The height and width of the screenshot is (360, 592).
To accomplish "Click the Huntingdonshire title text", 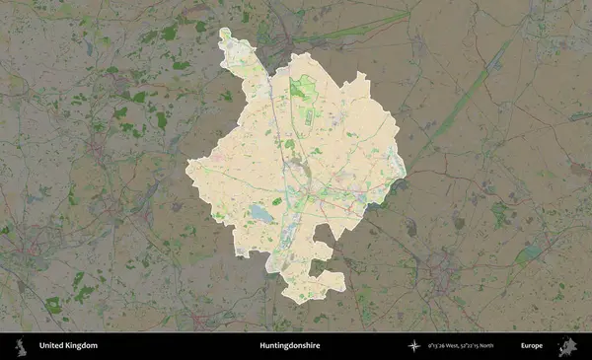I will [x=290, y=346].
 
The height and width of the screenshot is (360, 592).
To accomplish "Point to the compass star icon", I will [x=414, y=346].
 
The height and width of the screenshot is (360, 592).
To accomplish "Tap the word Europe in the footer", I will [x=532, y=346].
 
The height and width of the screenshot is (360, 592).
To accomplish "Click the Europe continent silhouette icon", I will [x=566, y=346].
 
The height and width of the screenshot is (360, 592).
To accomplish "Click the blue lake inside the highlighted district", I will [x=260, y=212].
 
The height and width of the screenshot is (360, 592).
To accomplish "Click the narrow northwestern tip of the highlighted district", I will [x=228, y=39].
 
